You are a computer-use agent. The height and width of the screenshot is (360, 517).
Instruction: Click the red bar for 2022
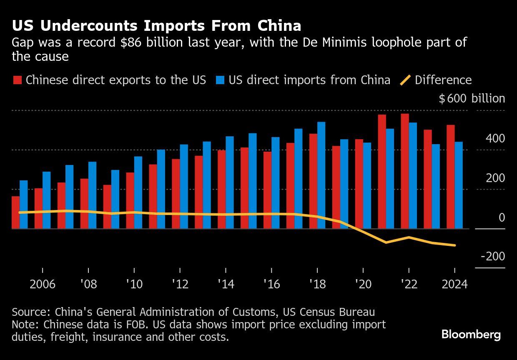pos(404,171)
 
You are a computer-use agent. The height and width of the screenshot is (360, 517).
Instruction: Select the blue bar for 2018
pos(321,175)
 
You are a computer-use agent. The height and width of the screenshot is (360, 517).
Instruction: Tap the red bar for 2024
pos(450,177)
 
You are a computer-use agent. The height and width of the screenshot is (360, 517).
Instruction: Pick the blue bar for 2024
pos(458,185)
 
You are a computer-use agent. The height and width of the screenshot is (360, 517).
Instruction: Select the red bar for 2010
pos(130,200)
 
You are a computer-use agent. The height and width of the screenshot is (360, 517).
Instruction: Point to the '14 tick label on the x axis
pos(226,284)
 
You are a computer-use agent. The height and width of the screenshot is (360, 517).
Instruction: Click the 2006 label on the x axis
pos(43,284)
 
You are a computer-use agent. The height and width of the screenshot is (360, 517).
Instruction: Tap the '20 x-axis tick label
pos(363,284)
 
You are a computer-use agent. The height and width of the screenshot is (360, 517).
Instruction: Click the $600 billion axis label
pos(472,98)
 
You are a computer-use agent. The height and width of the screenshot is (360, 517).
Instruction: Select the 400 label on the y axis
pos(495,138)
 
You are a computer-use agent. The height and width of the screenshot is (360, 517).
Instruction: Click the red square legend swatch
pos(17,80)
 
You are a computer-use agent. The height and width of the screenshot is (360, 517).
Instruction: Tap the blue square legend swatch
pos(220,80)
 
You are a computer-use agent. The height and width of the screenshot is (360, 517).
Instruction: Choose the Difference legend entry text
pos(443,80)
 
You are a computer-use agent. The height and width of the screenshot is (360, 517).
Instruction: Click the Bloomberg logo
pos(471,335)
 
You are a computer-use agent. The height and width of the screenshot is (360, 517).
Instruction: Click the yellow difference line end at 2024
pos(454,245)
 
